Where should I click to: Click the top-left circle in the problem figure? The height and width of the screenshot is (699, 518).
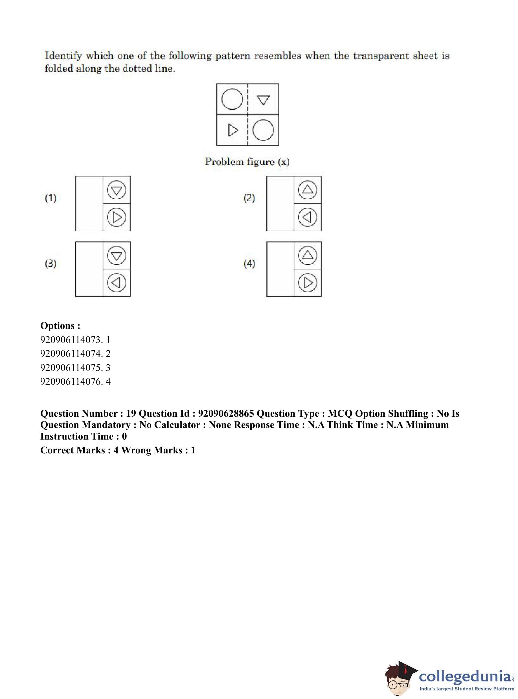232,99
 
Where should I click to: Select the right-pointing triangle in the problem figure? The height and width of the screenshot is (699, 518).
233,130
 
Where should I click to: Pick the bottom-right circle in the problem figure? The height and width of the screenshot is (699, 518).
263,130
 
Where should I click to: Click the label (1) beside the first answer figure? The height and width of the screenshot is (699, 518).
51,198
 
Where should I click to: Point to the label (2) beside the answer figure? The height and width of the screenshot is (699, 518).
249,198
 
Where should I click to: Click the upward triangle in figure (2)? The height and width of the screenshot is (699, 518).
308,189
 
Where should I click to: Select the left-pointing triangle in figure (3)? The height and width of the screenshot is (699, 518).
116,283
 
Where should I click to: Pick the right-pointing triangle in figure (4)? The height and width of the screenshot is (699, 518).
308,283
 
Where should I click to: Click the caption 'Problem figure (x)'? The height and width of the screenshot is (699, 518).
247,162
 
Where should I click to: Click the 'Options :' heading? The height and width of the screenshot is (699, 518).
60,326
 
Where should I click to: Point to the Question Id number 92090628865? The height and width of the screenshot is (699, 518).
226,414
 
